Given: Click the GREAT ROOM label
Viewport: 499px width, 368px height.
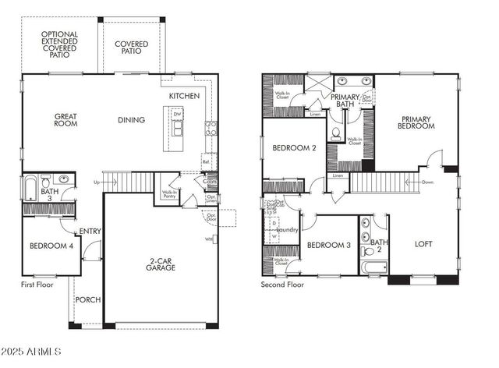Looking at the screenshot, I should tap(65, 120).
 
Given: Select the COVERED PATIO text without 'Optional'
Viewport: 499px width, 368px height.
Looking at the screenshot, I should tap(132, 48).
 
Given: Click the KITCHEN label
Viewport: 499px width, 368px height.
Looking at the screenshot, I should tap(184, 96).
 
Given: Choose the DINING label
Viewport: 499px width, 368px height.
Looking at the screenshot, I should tap(131, 120).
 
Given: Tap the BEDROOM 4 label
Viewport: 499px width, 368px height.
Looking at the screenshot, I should tap(51, 246).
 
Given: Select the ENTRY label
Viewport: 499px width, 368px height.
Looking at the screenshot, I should tap(90, 232).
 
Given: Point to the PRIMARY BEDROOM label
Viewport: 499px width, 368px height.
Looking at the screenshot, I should tap(416, 122).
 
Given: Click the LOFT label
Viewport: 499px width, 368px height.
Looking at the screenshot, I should tap(423, 244).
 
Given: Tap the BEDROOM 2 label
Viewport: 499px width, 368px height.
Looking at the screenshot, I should tap(293, 148).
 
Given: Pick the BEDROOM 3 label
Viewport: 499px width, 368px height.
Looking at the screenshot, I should tap(328, 246).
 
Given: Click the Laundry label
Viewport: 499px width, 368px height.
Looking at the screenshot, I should tap(288, 230).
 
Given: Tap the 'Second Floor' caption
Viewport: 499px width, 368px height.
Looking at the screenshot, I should tap(282, 285).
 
